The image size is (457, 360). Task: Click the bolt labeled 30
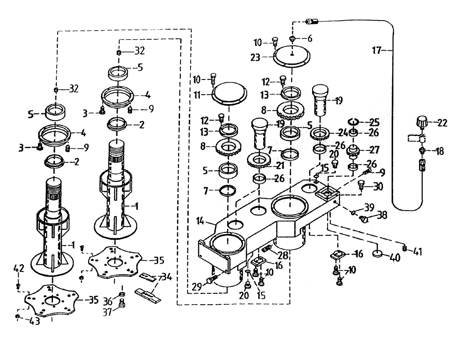(362, 185)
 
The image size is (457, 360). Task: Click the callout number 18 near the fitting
(440, 152)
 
